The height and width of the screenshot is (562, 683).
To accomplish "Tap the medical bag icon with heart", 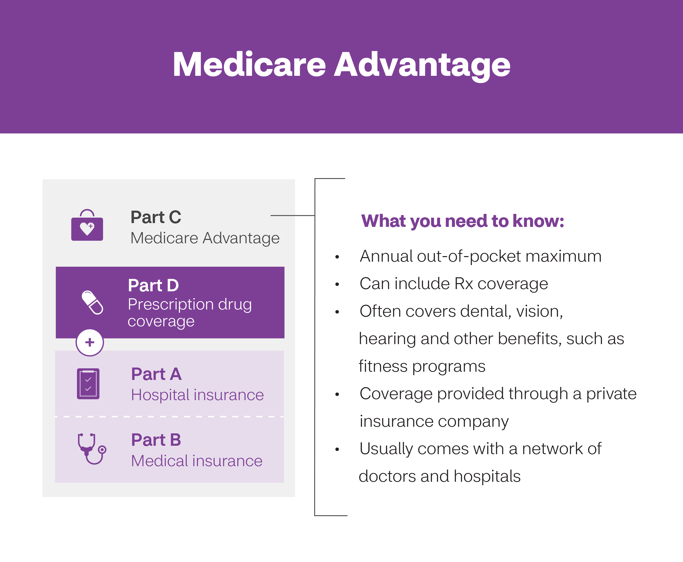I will (87, 226).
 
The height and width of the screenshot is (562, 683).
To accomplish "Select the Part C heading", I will (156, 217).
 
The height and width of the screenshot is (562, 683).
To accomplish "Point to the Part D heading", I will (153, 286).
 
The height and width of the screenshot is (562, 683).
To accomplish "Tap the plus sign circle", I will (90, 343).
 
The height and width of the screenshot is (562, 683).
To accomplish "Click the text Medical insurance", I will (197, 461).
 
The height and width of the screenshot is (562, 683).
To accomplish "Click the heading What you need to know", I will (463, 221).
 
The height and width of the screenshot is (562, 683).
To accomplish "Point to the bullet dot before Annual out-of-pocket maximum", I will (337, 257).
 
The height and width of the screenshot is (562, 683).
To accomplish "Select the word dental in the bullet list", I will (485, 312).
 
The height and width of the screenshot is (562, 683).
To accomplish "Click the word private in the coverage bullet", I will (611, 394).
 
